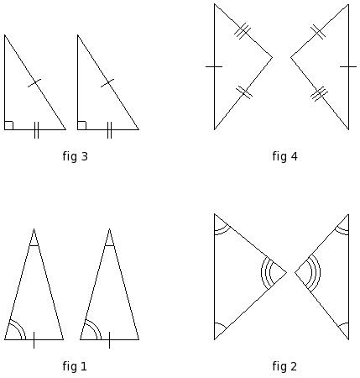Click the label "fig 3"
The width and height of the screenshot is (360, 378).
[x=76, y=156]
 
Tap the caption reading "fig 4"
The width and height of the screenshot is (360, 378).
[x=284, y=156]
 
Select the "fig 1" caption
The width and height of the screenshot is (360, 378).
[x=75, y=366]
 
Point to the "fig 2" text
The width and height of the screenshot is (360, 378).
[x=284, y=366]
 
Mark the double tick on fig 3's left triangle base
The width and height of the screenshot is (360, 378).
[x=36, y=130]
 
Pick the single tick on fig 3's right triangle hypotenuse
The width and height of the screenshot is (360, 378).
[x=107, y=83]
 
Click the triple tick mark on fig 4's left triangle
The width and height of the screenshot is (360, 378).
[x=243, y=31]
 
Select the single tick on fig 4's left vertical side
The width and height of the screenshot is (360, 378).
[x=214, y=66]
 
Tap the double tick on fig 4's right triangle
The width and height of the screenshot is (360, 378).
[x=318, y=32]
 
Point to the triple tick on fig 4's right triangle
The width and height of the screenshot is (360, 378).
[x=319, y=94]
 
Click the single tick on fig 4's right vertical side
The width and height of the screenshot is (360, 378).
[x=348, y=66]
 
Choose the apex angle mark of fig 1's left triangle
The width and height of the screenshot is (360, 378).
[x=34, y=245]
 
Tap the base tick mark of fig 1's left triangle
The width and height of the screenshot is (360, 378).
[x=34, y=340]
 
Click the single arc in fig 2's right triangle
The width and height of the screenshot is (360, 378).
[x=342, y=325]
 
